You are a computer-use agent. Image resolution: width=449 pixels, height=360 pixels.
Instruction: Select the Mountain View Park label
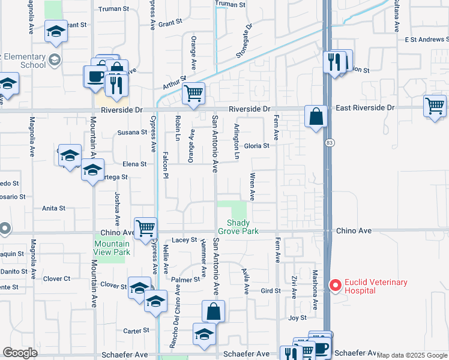pos(112,248)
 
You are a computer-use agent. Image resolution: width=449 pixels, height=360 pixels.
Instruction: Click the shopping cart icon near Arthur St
pos(193,93)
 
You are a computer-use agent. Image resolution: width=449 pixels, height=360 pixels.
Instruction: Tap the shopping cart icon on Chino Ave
pos(145,228)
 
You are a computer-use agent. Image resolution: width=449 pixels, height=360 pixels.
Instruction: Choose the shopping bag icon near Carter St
pos(213,311)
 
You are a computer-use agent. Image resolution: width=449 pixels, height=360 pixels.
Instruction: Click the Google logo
pos(20,353)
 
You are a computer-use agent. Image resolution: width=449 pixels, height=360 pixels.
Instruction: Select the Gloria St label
pos(256,146)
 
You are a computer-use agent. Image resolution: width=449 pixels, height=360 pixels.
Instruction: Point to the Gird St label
pos(271,291)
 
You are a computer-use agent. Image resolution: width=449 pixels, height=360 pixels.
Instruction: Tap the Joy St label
pos(297,317)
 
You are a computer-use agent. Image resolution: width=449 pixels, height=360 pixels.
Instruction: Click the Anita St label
pos(53,208)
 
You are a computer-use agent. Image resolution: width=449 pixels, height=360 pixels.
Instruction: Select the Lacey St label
pos(184,240)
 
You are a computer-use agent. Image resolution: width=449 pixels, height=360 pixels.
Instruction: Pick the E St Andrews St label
pos(426,40)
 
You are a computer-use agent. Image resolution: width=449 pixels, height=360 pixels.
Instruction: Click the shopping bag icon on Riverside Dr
pos(316,115)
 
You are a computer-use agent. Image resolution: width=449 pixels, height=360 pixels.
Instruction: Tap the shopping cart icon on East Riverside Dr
pos(435,106)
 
